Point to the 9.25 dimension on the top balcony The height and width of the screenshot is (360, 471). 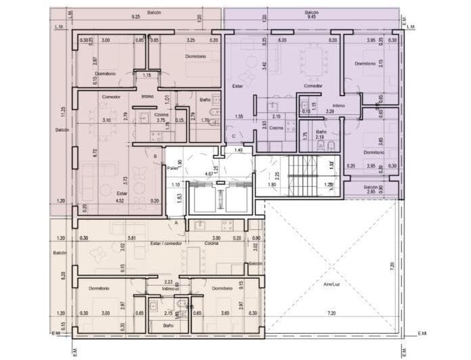coord(135,16)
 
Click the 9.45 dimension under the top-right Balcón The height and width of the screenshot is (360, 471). coord(311,17)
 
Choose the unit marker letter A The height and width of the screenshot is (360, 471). coord(177,223)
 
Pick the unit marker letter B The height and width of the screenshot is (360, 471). coord(156,156)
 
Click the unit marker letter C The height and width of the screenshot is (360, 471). coord(233,136)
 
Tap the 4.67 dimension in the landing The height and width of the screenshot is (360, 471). coord(210,174)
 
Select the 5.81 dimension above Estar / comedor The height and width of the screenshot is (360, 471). coord(133,238)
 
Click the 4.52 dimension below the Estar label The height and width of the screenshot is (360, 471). coord(120,200)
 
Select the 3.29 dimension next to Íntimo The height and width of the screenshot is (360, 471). coord(331,111)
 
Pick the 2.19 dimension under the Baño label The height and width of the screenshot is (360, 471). coord(320,137)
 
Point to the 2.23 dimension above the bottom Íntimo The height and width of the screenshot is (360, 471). coord(168,282)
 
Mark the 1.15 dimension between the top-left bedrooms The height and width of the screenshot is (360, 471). coord(147,75)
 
